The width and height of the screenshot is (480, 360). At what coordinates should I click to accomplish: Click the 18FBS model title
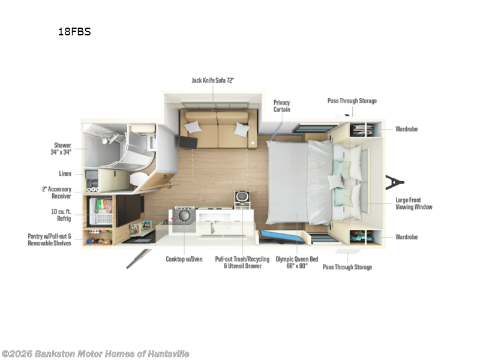point(74,32)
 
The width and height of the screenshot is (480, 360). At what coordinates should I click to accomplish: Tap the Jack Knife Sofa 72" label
point(213,80)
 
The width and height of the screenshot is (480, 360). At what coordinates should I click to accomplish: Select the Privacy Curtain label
point(281,106)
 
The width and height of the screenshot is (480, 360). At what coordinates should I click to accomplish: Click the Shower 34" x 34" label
point(61,148)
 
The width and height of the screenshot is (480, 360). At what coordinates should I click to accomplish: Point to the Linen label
point(65,173)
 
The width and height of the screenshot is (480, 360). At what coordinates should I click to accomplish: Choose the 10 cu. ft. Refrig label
point(61,215)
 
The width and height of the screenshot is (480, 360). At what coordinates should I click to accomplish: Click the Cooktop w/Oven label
point(184,259)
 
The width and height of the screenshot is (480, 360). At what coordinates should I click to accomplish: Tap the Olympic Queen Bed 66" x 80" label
point(297,262)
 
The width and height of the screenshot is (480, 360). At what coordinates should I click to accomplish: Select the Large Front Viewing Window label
point(414,203)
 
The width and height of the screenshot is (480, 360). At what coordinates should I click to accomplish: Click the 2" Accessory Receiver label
point(56,193)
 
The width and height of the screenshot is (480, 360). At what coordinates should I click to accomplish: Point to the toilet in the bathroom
point(139,179)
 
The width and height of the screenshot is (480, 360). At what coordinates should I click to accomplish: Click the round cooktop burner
point(184,215)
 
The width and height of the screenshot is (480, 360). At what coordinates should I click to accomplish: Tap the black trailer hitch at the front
point(395,182)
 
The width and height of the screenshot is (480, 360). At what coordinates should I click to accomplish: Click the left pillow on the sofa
point(193,127)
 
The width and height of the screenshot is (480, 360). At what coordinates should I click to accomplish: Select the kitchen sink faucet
point(212,227)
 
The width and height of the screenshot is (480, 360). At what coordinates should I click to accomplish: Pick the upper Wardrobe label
point(407,129)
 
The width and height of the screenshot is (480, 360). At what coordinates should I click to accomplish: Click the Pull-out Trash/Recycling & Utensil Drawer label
point(242,262)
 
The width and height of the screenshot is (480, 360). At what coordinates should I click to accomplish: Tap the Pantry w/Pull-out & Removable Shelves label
point(49,239)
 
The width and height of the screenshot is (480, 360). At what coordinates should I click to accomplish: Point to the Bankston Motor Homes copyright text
point(95,353)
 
